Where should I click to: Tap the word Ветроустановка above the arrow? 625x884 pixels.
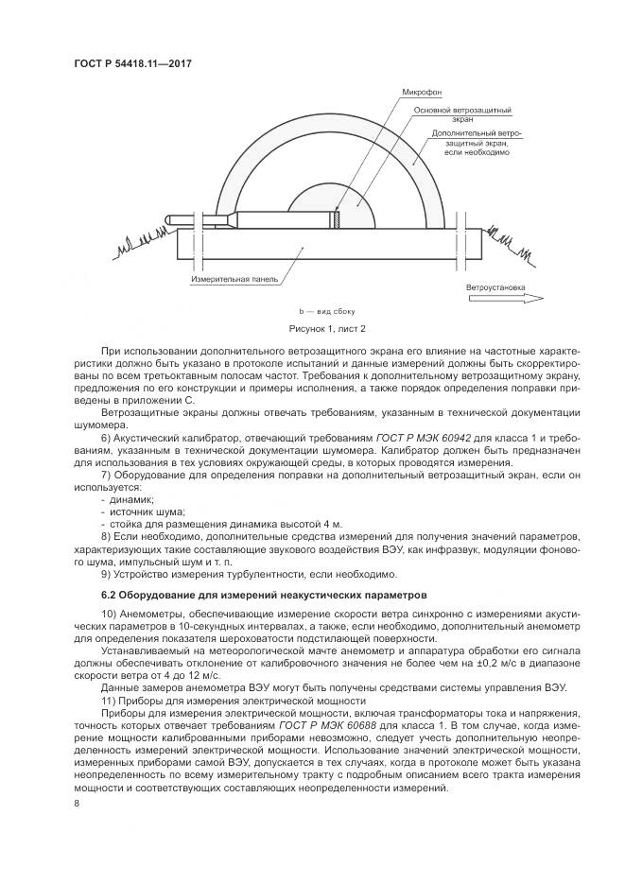[x=494, y=286]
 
